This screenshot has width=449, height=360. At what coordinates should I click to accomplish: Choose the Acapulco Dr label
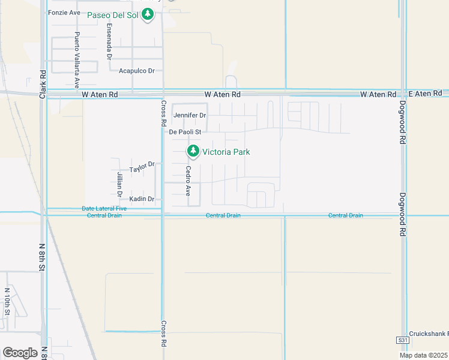137,71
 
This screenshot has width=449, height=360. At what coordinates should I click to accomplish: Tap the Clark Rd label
43,84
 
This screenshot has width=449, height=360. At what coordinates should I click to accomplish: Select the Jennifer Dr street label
190,115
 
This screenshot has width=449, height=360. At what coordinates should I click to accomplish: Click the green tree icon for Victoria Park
193,152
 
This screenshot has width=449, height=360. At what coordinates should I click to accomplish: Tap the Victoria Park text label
226,152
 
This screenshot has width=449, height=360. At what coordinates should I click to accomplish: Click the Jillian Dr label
119,182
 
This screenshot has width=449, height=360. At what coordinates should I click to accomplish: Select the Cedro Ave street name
188,182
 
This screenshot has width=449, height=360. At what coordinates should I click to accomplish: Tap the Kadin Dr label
142,199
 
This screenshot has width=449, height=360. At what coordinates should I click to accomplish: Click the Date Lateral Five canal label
104,209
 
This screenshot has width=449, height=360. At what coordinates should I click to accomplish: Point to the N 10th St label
7,302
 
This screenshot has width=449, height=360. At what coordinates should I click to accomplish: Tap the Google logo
20,353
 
